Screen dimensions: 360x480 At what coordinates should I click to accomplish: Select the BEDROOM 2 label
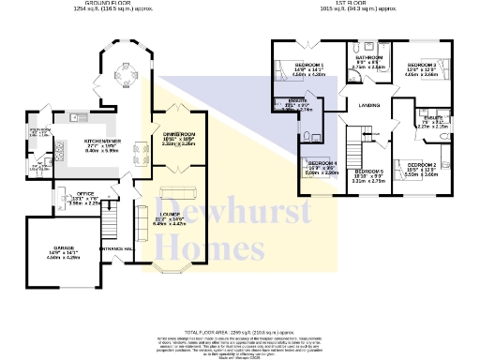[420, 164]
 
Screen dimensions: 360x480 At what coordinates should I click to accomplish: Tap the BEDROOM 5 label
[368, 171]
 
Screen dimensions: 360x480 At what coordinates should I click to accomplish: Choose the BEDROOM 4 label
[322, 164]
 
